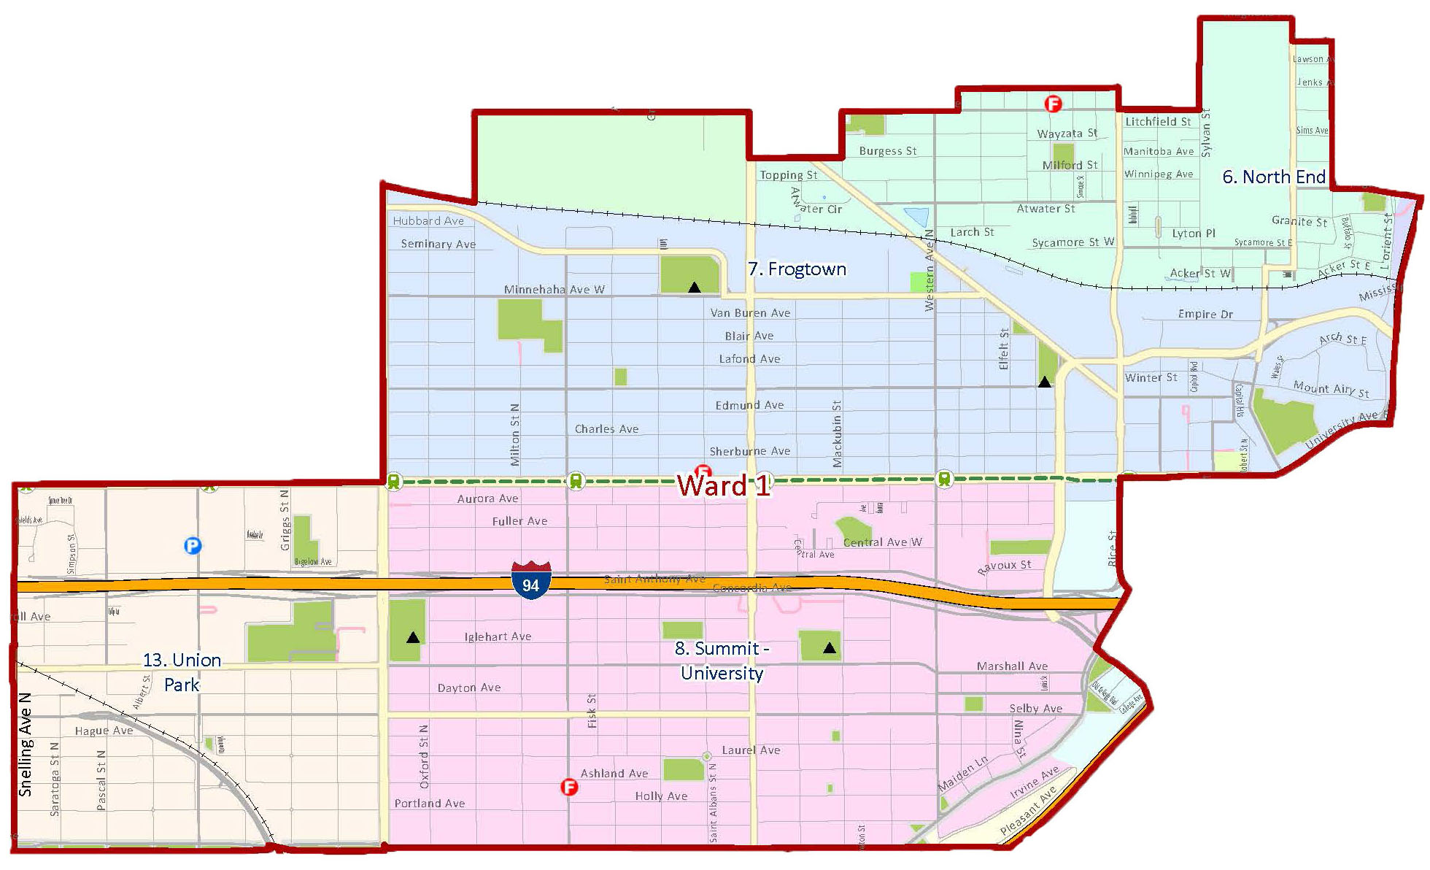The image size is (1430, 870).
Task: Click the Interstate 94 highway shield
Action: coord(530,581)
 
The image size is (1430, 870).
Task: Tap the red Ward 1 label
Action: coord(723,485)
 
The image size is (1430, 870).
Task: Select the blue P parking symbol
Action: coord(193,545)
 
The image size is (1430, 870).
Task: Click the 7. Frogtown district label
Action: coord(797,269)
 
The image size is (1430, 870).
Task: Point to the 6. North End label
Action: coord(1274,177)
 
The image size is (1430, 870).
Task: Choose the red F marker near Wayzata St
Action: coord(1053,104)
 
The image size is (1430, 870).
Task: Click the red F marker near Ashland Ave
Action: coord(569,787)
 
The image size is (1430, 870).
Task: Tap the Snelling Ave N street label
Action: coord(26,744)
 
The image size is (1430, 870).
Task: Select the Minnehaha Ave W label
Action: coord(554,290)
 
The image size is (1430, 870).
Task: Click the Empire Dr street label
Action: coord(1205,315)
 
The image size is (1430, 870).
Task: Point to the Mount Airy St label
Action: coord(1331,389)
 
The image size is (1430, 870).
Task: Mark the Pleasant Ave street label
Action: coord(1028,811)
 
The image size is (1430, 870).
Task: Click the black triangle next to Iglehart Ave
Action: coord(413,637)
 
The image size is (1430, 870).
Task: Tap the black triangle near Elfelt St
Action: coord(1045,382)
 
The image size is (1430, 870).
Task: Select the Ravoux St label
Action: coord(1004,566)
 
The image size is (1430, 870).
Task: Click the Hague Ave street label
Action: coord(104,731)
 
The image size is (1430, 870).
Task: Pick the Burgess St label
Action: coord(887,151)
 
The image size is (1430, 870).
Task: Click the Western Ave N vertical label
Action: coord(929,270)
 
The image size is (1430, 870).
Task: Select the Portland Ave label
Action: coord(430,804)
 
